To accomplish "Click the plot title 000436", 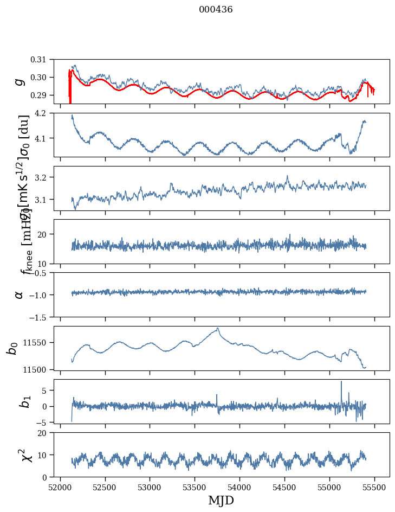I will (216, 9).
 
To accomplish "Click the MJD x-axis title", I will (221, 500).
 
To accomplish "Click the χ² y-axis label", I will (14, 455).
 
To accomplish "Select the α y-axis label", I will (19, 295).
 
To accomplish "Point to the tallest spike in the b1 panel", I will (341, 382).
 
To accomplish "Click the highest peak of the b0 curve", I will (218, 328).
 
